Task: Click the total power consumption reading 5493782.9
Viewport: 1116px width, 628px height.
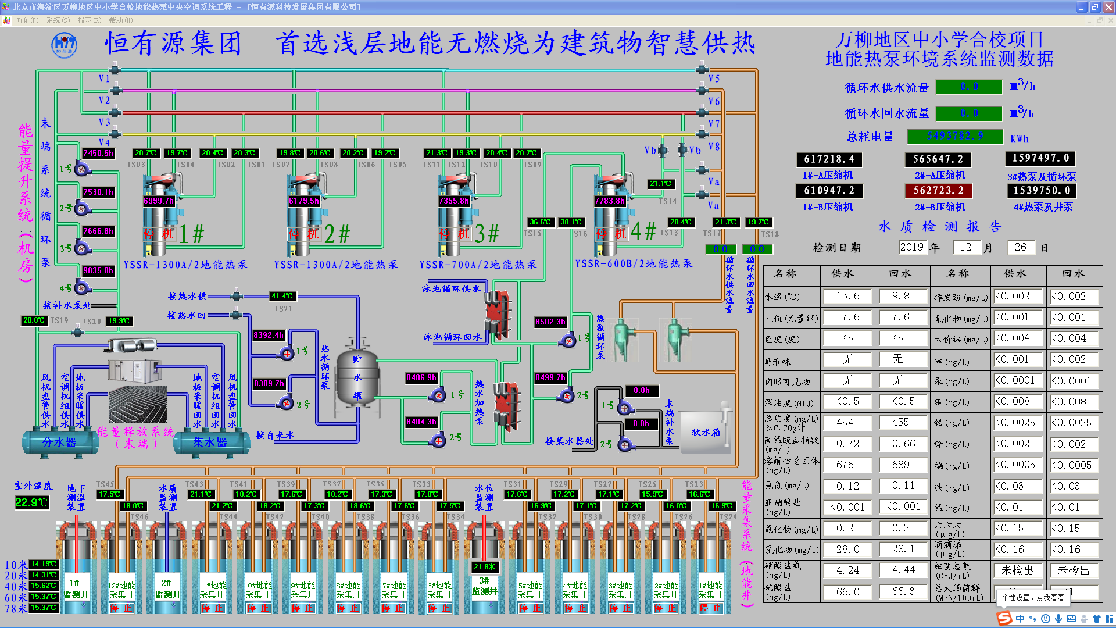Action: click(x=955, y=136)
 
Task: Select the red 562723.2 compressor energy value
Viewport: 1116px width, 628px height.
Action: click(x=938, y=191)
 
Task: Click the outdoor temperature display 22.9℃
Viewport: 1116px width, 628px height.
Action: click(x=31, y=502)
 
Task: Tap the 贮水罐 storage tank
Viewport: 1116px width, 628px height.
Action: click(x=357, y=378)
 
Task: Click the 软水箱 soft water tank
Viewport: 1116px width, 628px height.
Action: click(x=706, y=432)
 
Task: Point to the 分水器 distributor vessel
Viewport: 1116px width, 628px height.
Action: click(x=59, y=443)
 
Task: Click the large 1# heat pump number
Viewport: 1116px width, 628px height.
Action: click(x=191, y=234)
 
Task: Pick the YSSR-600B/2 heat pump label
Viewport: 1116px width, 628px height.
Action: click(x=634, y=264)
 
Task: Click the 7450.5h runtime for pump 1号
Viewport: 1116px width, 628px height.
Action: click(x=98, y=154)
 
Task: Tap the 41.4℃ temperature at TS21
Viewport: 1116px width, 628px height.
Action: click(x=282, y=296)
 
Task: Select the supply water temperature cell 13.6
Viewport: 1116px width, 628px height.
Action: click(x=847, y=297)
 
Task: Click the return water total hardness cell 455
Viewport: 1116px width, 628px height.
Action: click(x=900, y=423)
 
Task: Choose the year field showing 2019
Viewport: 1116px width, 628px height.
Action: click(x=911, y=247)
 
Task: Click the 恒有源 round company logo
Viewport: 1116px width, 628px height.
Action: click(x=64, y=45)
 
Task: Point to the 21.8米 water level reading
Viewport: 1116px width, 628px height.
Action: click(x=484, y=567)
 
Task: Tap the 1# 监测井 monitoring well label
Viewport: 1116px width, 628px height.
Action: click(x=76, y=588)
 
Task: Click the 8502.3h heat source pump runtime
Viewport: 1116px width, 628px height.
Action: click(x=550, y=322)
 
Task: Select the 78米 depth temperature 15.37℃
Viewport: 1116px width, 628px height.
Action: click(x=44, y=608)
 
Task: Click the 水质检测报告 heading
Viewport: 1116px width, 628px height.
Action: click(x=939, y=227)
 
